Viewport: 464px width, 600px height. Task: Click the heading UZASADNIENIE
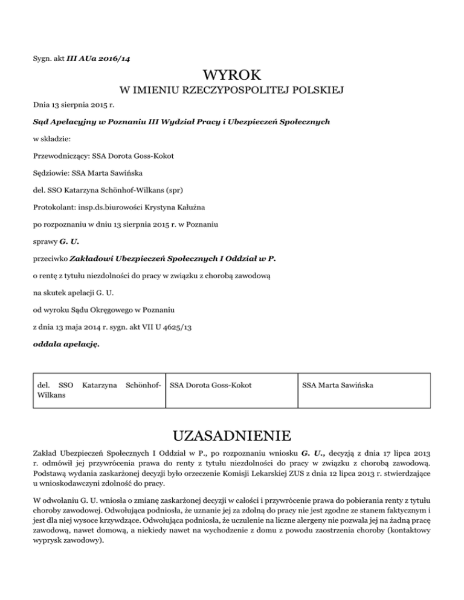(x=232, y=435)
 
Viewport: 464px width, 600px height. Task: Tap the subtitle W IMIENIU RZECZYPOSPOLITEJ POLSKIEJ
(x=232, y=92)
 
